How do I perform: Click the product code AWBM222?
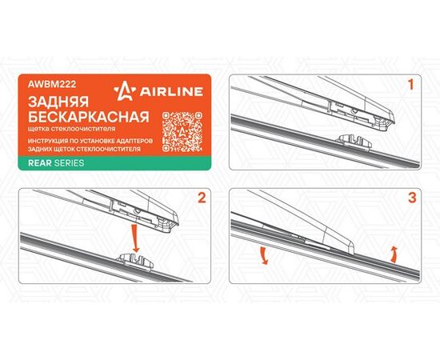coord(52,84)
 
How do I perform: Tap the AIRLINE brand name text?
coord(171,91)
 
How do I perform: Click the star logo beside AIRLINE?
coord(125,91)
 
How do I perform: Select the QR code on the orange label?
coord(182,132)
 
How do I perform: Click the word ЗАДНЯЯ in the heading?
coord(58,102)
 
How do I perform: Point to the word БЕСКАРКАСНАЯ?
coord(89,117)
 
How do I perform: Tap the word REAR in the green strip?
coord(39,163)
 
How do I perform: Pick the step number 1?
coord(411,85)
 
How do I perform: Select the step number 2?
coord(202,198)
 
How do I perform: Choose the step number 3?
coord(412,198)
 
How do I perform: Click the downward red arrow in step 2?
coord(135,238)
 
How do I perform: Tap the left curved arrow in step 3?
coord(263,256)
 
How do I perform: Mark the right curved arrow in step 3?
coord(394,254)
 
